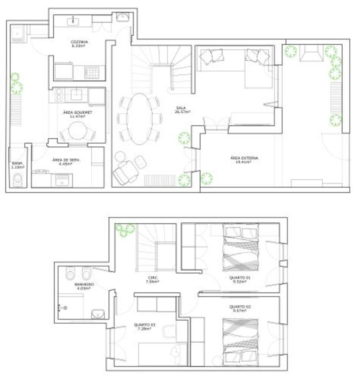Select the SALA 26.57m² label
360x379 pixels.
pos(182,110)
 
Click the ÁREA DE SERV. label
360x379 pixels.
pos(66,162)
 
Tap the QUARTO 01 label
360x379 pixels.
pos(239,280)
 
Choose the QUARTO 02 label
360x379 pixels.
pos(239,308)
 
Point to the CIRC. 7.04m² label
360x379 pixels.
pos(153,279)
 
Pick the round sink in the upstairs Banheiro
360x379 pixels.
pos(98,314)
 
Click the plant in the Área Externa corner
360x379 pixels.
pos(207,178)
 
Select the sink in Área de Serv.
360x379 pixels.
pos(61,180)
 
